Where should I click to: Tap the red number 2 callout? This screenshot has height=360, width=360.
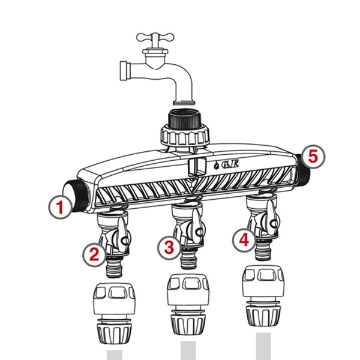coord(94,254)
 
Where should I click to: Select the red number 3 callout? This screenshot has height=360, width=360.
coord(169,247)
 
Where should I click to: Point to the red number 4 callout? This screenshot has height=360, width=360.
coord(244,240)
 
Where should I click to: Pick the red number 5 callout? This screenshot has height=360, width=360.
coord(313,157)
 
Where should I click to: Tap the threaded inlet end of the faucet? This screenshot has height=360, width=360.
coord(125,71)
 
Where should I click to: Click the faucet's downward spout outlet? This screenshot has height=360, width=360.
coord(184,102)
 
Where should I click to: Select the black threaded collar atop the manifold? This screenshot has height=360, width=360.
coord(185,119)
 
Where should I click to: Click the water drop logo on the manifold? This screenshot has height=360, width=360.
coord(216,166)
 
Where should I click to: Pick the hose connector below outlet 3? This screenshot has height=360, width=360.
coord(188,304)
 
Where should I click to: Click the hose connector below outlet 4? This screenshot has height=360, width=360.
coord(263,296)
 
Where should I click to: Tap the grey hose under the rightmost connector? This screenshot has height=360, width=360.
coord(263,346)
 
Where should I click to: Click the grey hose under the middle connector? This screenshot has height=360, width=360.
coord(188,350)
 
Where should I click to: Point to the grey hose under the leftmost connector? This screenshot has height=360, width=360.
coord(115,355)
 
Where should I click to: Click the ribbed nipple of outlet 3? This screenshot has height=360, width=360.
coord(188,260)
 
